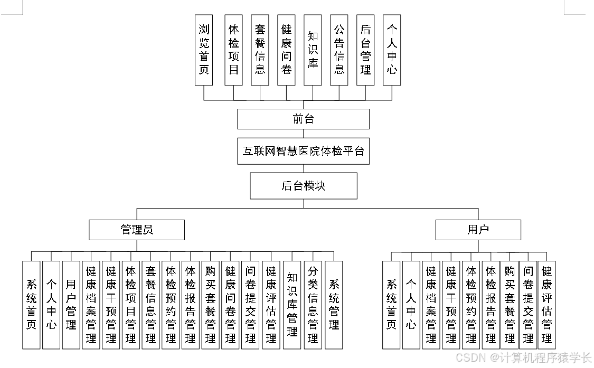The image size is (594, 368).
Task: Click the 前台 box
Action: [x=303, y=119]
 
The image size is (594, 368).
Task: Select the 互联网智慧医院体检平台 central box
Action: [x=303, y=152]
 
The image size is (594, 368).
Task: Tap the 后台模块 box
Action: [x=303, y=186]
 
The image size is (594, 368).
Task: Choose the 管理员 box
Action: [x=137, y=230]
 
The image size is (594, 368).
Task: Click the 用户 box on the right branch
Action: [x=478, y=230]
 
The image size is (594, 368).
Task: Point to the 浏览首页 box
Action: [x=204, y=50]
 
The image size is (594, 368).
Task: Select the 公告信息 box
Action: [x=339, y=50]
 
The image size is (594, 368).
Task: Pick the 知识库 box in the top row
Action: [x=313, y=50]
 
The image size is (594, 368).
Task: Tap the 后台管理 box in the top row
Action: [x=365, y=50]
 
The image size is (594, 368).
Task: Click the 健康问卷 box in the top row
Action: [x=286, y=50]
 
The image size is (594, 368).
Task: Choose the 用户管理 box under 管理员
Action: [x=71, y=305]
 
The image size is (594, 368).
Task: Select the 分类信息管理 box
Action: [x=313, y=305]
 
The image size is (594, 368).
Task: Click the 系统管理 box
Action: [x=334, y=305]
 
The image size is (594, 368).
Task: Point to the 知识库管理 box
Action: [x=292, y=305]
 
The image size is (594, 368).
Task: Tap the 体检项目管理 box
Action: [x=130, y=305]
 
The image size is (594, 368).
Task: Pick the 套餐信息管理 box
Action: [x=150, y=305]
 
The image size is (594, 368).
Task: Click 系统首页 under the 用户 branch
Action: [x=391, y=305]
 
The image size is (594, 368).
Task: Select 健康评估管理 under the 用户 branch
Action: [x=546, y=305]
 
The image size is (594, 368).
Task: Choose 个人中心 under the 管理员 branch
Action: [x=51, y=305]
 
